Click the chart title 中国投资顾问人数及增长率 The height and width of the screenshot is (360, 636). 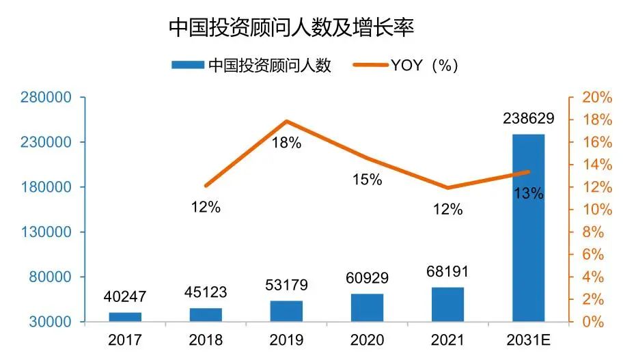(291, 27)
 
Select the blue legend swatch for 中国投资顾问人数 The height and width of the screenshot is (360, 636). (188, 65)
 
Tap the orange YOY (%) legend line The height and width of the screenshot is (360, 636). (370, 65)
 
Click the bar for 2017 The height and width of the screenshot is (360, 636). (125, 317)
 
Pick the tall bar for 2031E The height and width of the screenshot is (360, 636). (529, 228)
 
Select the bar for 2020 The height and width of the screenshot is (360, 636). (367, 307)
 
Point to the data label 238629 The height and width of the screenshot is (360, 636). (529, 118)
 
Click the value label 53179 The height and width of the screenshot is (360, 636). (286, 285)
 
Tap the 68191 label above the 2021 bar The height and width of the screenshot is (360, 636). (447, 271)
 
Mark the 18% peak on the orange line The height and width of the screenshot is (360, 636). (286, 121)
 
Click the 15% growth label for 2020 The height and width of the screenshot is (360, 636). (367, 179)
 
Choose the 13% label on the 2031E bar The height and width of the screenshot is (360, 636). (529, 193)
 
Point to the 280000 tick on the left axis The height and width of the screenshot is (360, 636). (46, 97)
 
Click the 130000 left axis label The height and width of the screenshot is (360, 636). (46, 232)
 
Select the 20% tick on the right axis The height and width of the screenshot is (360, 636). (597, 97)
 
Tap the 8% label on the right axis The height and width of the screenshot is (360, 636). (593, 232)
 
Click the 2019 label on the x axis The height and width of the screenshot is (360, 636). (286, 340)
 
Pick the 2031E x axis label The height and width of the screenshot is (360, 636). (529, 340)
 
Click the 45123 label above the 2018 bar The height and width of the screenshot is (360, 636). (206, 292)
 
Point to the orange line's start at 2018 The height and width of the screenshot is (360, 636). (206, 186)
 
